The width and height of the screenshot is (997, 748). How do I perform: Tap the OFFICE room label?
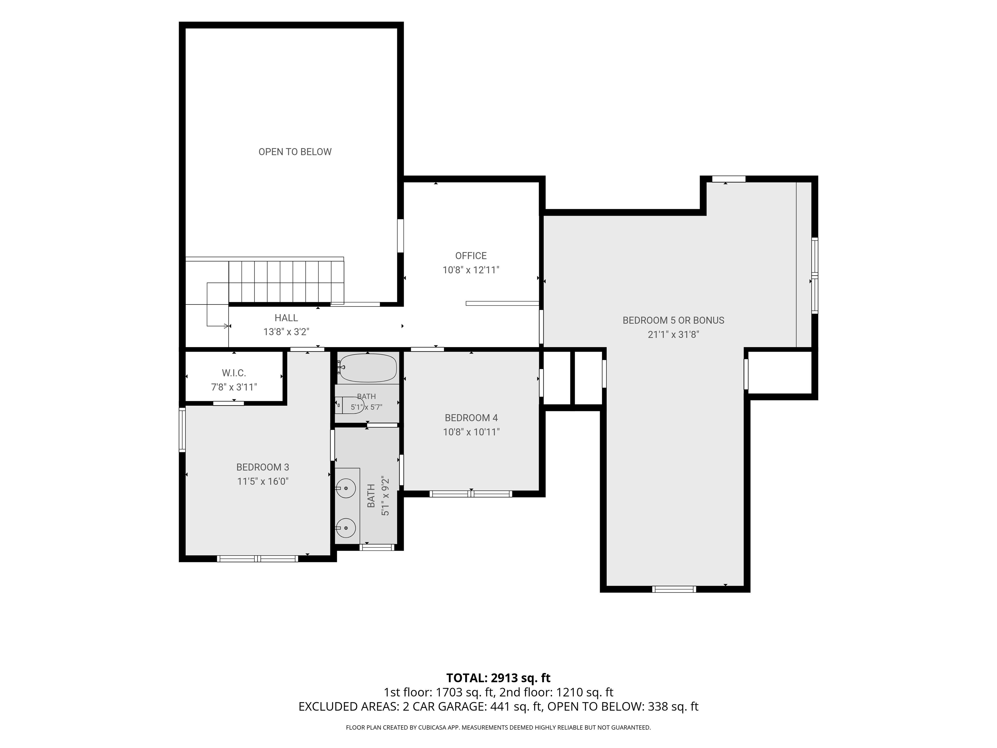471,256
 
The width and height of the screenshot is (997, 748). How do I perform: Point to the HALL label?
286,318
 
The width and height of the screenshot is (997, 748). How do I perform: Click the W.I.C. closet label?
234,373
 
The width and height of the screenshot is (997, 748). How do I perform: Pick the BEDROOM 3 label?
263,467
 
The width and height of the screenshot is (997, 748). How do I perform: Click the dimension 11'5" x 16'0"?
263,481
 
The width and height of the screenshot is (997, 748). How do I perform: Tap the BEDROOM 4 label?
471,418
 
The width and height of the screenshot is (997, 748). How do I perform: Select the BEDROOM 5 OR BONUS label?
673,320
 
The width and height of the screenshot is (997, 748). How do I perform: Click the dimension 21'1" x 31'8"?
673,334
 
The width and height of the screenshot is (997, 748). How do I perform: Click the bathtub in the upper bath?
368,368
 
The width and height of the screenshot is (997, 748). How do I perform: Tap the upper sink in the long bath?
346,488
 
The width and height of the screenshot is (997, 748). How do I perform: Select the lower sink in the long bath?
346,527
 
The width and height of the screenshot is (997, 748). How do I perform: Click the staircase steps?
286,281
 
